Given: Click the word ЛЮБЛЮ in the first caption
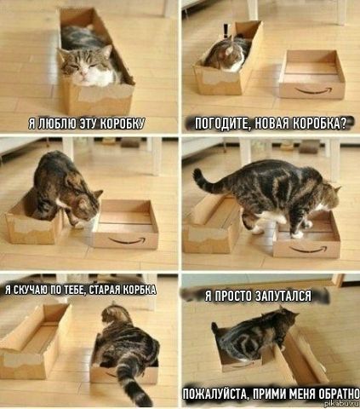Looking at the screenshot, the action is [x=56, y=124].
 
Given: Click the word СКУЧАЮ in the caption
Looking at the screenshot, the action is [x=29, y=289].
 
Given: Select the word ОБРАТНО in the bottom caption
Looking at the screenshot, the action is [x=339, y=394].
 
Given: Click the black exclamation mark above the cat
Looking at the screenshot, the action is [x=226, y=32].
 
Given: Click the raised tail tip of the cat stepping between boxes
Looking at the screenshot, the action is [x=197, y=172].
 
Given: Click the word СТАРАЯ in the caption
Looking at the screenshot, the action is [x=106, y=289].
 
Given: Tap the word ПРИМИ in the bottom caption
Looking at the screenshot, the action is [x=267, y=394].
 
